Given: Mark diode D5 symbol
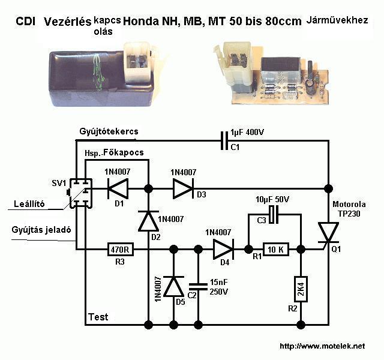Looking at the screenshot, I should pyautogui.click(x=173, y=287).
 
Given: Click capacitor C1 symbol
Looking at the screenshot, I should pyautogui.click(x=225, y=141).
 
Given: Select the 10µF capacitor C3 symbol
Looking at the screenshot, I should pyautogui.click(x=273, y=214).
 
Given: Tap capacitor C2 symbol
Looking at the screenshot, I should pyautogui.click(x=197, y=287).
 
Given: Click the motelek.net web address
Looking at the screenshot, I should pyautogui.click(x=322, y=346).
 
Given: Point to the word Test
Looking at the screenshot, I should pyautogui.click(x=98, y=316).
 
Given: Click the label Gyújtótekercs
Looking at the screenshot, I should pyautogui.click(x=109, y=131).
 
